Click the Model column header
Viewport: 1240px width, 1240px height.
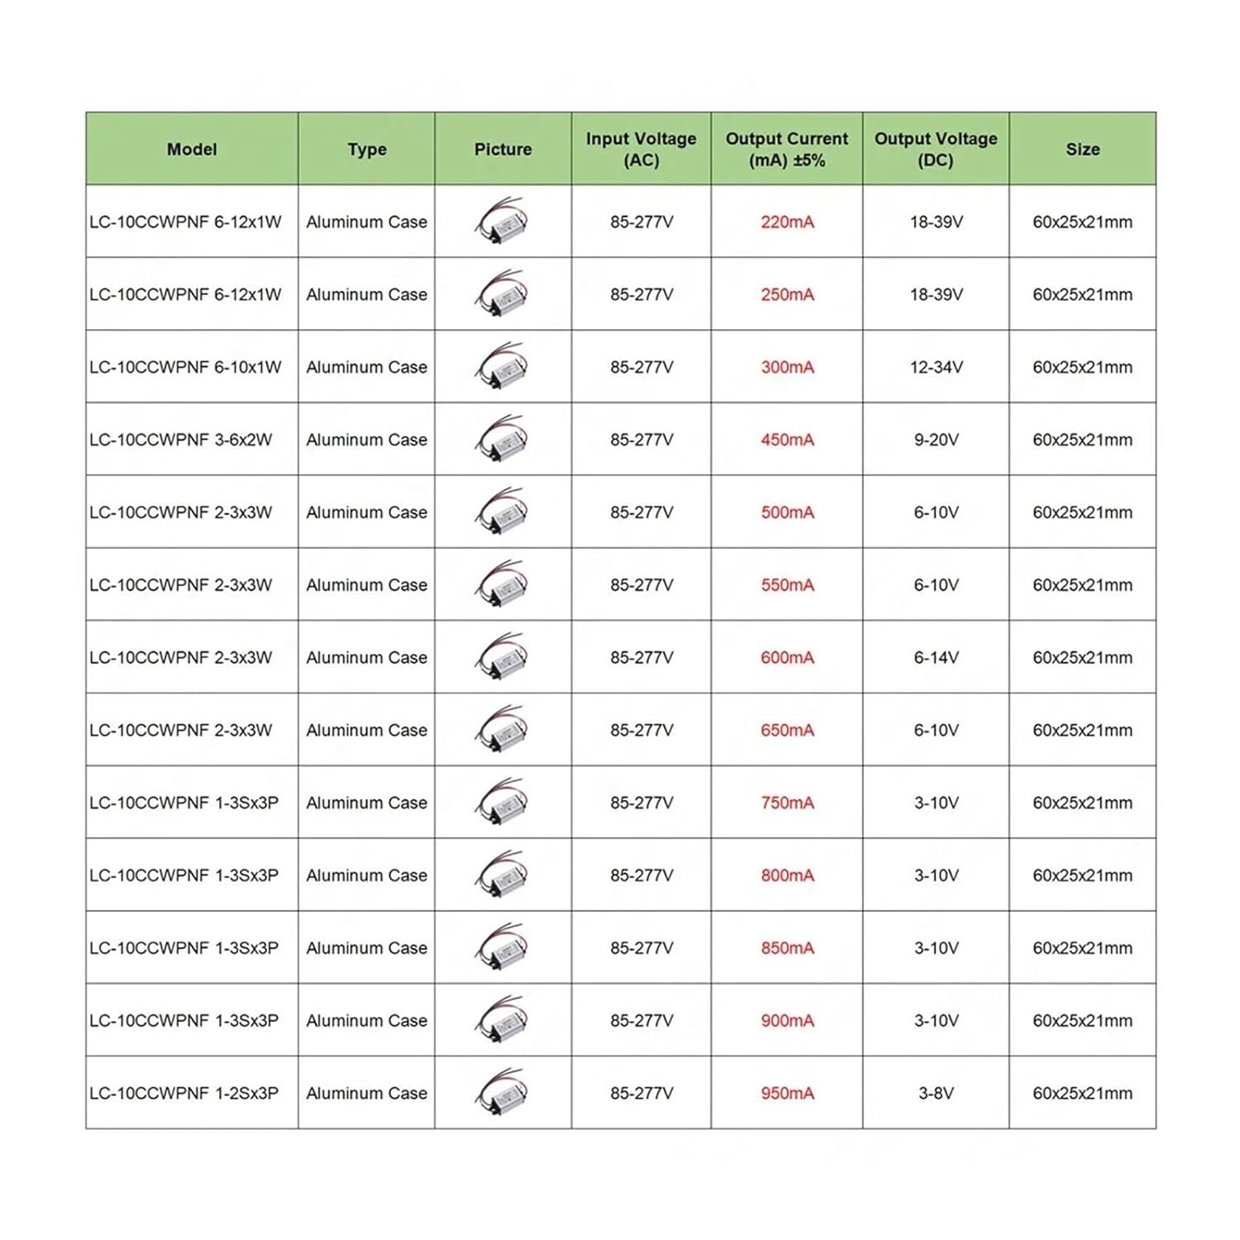coord(192,150)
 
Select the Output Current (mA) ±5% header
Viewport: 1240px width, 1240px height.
coord(787,150)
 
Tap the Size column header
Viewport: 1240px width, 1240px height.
coord(1082,150)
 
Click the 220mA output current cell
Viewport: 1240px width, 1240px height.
coord(787,222)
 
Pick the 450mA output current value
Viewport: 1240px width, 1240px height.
coord(787,440)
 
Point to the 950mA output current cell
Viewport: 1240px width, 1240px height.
coord(787,1093)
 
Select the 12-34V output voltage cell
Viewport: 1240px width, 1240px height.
coord(936,367)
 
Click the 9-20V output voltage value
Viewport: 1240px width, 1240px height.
coord(936,440)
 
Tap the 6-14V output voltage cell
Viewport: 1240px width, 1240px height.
coord(936,657)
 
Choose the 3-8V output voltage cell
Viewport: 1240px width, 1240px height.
coord(936,1093)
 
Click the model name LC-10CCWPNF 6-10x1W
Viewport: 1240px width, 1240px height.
coord(185,367)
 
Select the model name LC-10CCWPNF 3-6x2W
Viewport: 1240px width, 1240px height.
coord(180,440)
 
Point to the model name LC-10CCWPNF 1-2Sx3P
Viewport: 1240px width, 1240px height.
coord(184,1093)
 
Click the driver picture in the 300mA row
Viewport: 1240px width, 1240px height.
coord(502,366)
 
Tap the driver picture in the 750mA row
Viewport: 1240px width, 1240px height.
coord(502,802)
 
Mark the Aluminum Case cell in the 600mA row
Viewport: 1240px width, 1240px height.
coord(366,657)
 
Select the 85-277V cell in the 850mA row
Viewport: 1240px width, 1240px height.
coord(641,948)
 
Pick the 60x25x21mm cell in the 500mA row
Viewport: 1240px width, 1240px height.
coord(1082,513)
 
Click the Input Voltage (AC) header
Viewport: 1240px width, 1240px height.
coord(641,150)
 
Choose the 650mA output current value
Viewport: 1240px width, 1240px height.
coord(787,730)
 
